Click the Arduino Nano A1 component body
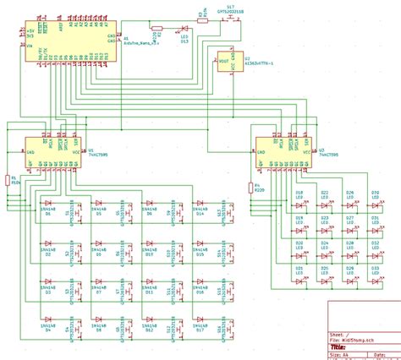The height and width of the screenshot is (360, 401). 64,38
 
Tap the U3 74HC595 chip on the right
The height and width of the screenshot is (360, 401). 284,151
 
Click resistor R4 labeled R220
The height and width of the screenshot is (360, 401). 251,191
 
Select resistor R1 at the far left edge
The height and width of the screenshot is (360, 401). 8,179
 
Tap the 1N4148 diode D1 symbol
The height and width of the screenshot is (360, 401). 48,204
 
